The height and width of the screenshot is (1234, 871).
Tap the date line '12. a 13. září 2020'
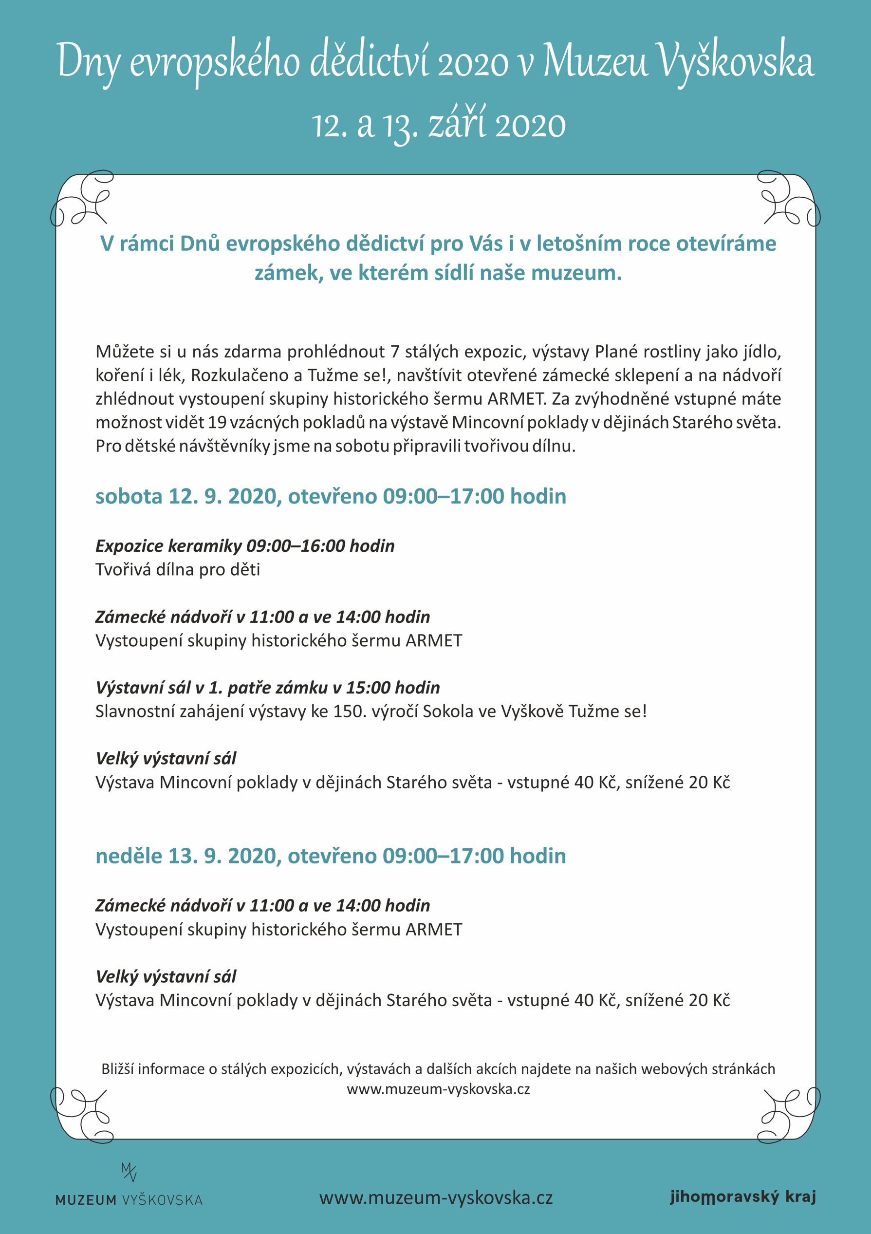tap(439, 125)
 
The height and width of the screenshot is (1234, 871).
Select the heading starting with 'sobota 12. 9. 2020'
tap(331, 496)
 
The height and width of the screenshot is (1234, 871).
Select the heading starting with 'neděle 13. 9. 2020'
tap(331, 856)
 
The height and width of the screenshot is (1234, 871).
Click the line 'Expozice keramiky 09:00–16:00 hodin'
tap(245, 546)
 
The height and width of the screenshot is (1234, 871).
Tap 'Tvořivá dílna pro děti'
tap(177, 570)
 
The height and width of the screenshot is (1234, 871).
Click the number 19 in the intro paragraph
tap(217, 422)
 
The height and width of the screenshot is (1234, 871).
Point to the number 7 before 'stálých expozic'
tap(395, 352)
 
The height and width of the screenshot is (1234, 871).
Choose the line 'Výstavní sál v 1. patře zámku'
tap(268, 688)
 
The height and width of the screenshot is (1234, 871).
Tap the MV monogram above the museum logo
tap(129, 1172)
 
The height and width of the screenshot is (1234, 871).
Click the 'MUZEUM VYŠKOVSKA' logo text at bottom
tap(129, 1200)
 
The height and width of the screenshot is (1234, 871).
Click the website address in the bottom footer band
tap(436, 1198)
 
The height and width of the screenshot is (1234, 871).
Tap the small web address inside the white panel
tap(438, 1089)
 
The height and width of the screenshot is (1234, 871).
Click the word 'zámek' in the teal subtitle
tap(286, 274)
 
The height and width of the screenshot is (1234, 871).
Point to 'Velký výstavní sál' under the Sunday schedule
tap(166, 976)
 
